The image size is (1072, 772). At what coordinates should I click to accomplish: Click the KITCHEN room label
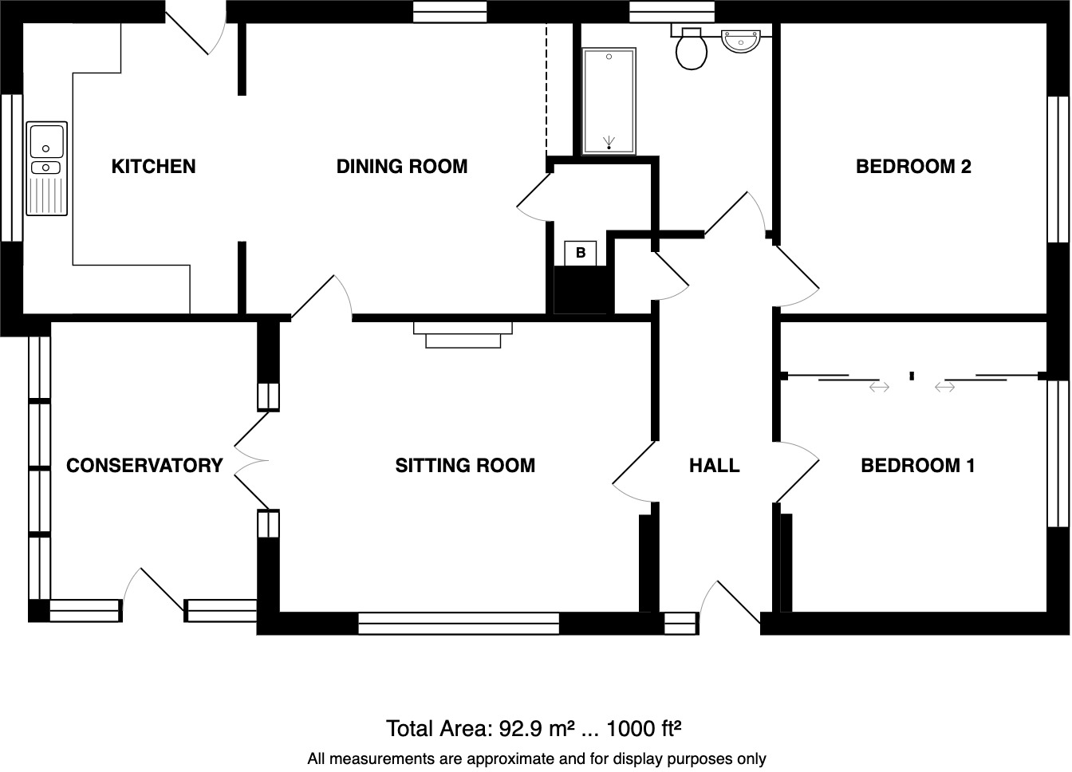coord(153,167)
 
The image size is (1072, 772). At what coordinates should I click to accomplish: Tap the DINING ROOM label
coord(401,167)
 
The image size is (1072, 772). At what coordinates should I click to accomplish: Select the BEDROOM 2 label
coord(912,167)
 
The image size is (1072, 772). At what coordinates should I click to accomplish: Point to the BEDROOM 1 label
coord(917,466)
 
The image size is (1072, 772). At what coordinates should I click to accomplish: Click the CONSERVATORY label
coord(144,466)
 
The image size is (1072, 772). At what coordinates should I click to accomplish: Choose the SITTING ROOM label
coord(465,466)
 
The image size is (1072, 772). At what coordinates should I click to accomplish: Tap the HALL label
coord(714,466)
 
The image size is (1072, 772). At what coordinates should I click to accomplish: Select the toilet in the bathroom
coord(691,49)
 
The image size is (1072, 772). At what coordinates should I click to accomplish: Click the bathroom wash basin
coord(742,40)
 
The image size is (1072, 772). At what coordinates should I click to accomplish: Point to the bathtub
coord(609,100)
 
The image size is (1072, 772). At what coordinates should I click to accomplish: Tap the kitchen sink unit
coord(47,168)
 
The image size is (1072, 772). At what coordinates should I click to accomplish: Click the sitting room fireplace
coord(463,334)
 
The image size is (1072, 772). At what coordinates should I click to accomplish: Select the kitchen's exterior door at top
coord(195,32)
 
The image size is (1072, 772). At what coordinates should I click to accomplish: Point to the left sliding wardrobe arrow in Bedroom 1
coord(878,387)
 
